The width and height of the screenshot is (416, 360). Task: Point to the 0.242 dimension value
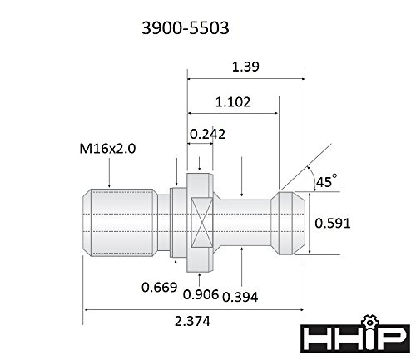click(x=207, y=133)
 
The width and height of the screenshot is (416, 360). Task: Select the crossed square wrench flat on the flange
click(x=200, y=222)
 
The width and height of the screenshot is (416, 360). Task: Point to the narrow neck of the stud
click(x=250, y=222)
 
